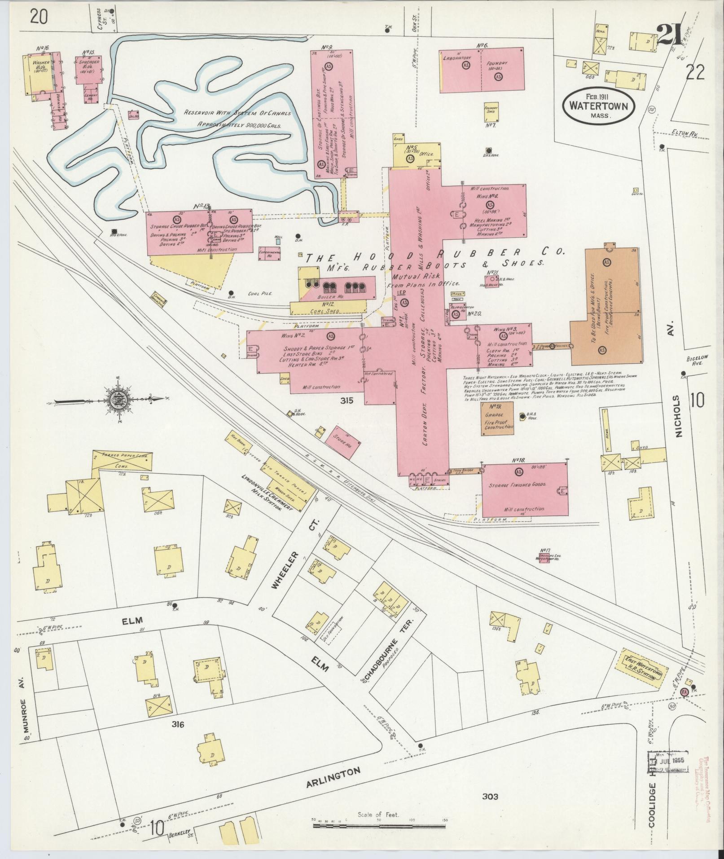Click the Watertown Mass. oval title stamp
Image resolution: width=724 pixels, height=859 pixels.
click(599, 104)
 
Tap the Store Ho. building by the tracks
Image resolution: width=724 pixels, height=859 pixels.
click(342, 439)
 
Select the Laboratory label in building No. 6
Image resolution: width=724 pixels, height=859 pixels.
click(457, 58)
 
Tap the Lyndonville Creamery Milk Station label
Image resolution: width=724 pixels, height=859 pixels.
click(266, 492)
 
